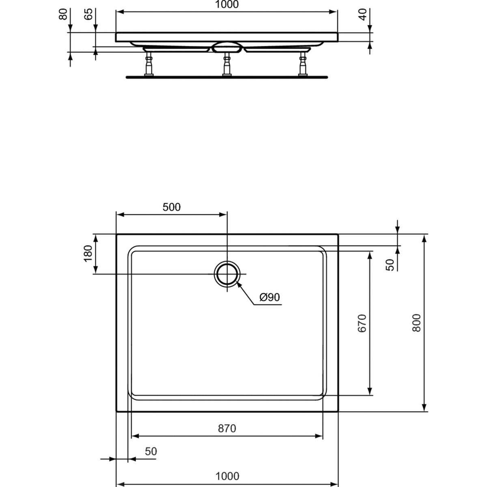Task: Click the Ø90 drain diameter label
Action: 269,297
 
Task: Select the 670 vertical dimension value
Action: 362,323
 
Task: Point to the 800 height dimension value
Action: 416,323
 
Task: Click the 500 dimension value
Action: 172,207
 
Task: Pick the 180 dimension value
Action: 88,254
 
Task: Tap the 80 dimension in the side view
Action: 63,14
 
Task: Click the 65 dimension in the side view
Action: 88,14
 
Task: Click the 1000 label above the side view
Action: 227,4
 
